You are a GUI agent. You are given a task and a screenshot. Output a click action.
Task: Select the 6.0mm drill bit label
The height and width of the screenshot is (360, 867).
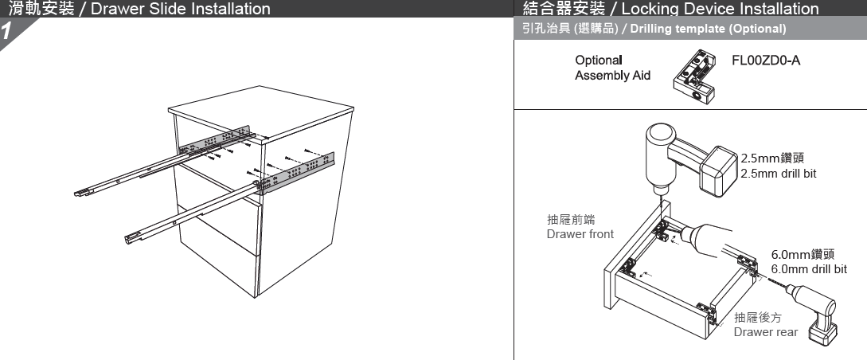click(x=807, y=262)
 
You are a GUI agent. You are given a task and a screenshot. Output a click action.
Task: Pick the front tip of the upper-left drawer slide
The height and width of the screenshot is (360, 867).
click(x=84, y=192)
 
